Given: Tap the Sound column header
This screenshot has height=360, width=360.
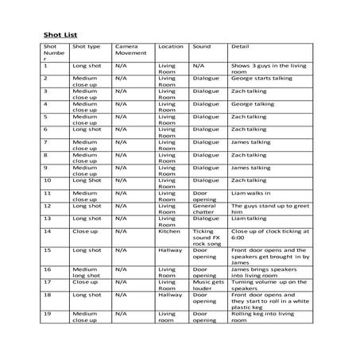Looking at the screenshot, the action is tap(200, 46).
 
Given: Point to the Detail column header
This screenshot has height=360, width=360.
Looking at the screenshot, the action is tap(239, 46).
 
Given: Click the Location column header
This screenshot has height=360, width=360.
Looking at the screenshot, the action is tap(171, 46).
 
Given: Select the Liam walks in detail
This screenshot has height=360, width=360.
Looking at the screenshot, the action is tap(251, 192).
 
